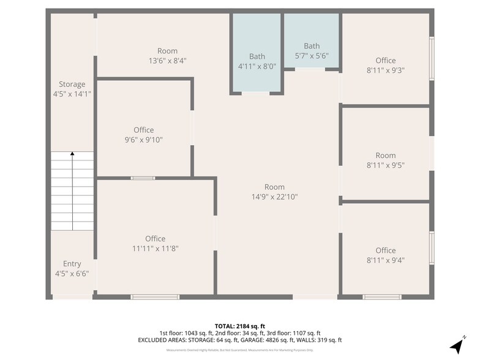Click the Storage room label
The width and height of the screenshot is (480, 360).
click(x=72, y=84)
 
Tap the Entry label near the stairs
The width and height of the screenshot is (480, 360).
click(x=72, y=264)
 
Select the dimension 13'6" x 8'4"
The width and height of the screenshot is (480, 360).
click(x=167, y=61)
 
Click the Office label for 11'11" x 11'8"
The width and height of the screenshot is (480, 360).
click(x=155, y=239)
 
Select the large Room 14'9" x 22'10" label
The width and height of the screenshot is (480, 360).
click(x=274, y=187)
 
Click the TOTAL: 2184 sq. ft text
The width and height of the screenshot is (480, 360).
click(x=239, y=326)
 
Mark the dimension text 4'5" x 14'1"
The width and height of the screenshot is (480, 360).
click(x=72, y=94)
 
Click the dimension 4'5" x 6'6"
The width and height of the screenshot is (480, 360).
click(x=72, y=274)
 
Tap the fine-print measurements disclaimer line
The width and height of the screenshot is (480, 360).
click(x=239, y=350)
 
